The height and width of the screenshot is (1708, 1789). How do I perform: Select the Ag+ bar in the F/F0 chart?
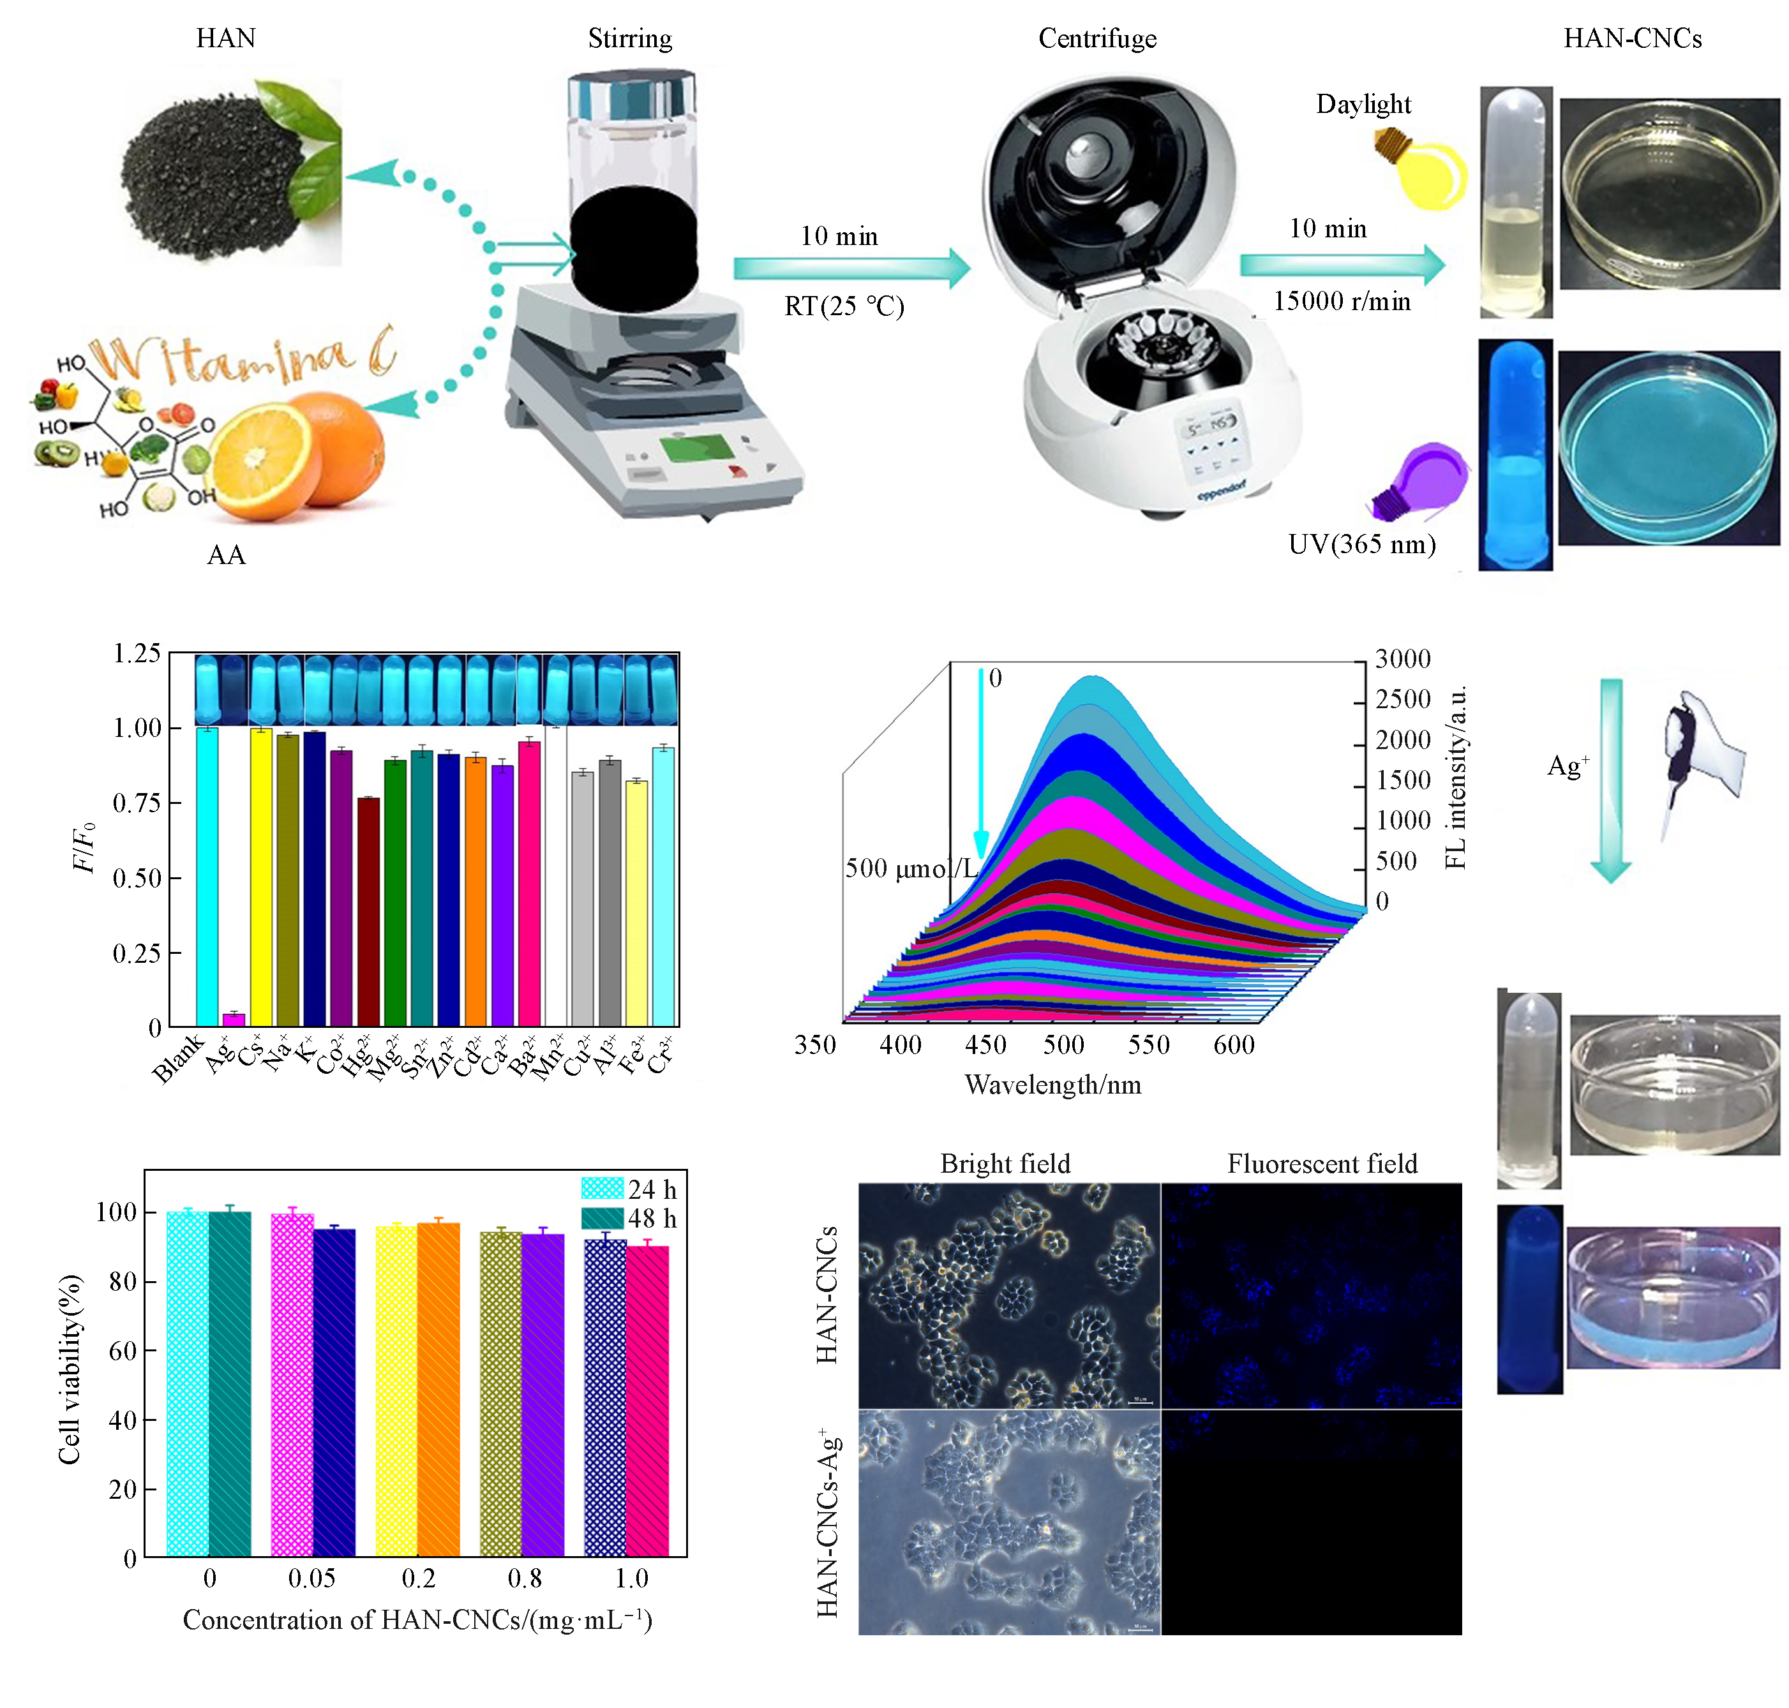234,1018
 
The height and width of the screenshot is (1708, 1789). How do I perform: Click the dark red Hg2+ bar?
368,910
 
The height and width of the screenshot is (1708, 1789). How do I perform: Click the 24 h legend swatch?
602,1188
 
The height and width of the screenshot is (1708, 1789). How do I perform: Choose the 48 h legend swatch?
602,1217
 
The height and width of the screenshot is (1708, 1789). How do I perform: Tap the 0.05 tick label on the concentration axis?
311,1578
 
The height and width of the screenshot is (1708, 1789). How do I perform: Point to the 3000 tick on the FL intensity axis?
1402,658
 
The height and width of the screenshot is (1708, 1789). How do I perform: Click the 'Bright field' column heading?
1005,1164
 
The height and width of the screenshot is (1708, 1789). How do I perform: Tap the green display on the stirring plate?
697,448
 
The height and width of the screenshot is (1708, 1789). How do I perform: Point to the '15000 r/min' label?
1341,301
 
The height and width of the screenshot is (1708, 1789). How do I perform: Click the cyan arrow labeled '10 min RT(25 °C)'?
851,268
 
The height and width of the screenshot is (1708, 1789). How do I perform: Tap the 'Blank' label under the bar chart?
177,1059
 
